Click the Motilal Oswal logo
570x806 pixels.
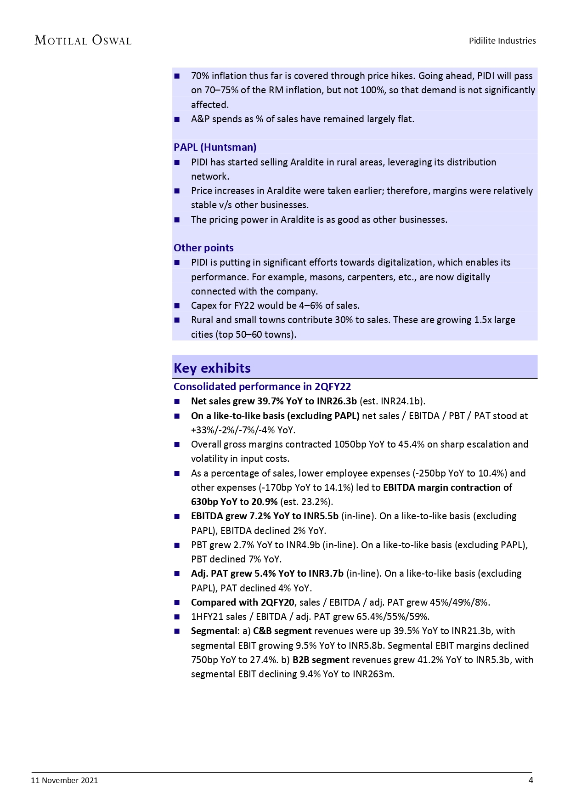(x=83, y=40)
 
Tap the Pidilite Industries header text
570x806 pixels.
(x=502, y=40)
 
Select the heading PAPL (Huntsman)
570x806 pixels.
(x=215, y=147)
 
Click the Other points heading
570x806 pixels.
(x=203, y=248)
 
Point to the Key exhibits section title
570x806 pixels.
(x=212, y=368)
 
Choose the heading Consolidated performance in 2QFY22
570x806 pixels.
(x=262, y=386)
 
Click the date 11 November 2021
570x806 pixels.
(x=64, y=780)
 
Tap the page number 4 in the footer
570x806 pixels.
(x=531, y=780)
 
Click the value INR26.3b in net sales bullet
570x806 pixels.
(x=337, y=401)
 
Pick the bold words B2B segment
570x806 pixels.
(x=321, y=660)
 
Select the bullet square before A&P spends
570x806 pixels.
(x=177, y=119)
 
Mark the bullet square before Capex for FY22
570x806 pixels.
(x=177, y=306)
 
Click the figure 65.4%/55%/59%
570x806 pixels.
(x=393, y=617)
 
